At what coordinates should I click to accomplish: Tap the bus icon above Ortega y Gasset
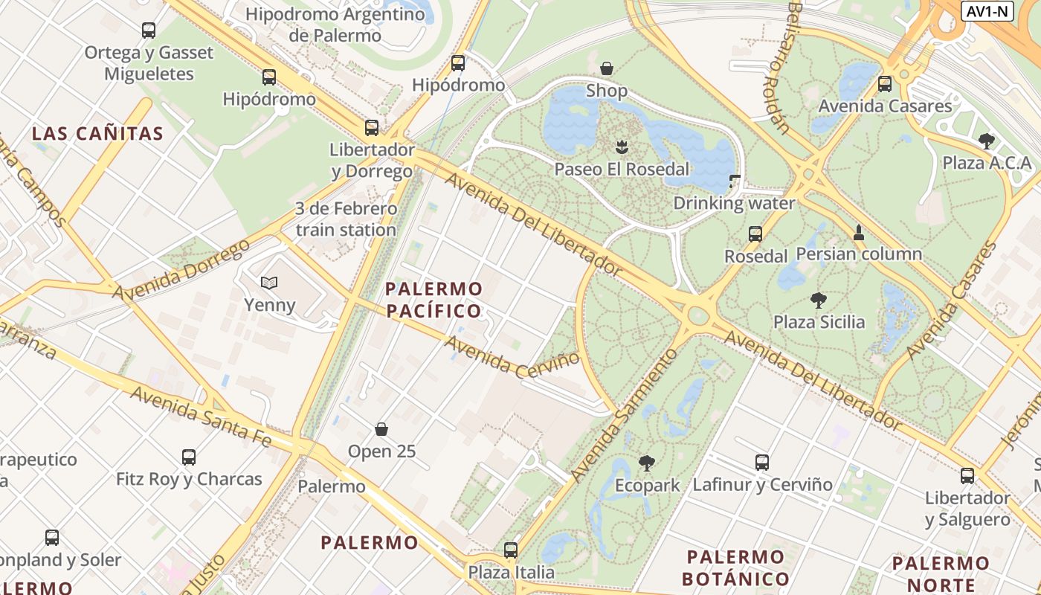pos(149,30)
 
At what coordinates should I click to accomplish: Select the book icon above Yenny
pos(269,283)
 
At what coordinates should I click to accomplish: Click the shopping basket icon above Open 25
pos(381,429)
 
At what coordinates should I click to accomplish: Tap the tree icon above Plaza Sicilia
pos(819,300)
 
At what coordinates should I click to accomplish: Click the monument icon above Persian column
pos(859,232)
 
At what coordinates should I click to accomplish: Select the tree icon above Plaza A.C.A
pos(987,141)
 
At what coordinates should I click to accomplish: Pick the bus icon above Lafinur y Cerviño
pos(762,463)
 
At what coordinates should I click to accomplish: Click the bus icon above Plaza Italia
pos(511,550)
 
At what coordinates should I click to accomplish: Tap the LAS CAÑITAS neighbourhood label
pos(97,134)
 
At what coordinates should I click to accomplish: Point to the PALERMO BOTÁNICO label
pos(735,567)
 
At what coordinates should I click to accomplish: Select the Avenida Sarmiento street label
pos(624,415)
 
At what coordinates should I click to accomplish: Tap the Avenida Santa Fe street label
pos(201,416)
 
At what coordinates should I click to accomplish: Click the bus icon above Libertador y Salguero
pos(967,476)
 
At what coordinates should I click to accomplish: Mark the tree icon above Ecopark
pos(647,463)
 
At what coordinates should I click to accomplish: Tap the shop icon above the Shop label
pos(607,68)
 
